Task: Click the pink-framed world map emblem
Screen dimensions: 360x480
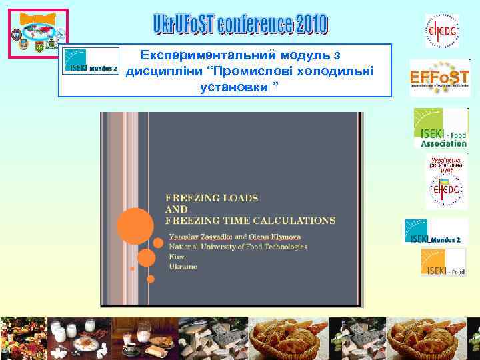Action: (x=38, y=33)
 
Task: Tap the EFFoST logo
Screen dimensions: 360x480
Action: (x=439, y=78)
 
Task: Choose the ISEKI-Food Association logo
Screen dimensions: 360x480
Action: (x=441, y=127)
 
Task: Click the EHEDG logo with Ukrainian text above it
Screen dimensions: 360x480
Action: (x=446, y=181)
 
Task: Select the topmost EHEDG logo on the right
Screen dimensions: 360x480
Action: (x=442, y=30)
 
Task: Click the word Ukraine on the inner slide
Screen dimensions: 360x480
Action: (x=183, y=267)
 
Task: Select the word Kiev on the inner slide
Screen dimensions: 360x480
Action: (x=177, y=257)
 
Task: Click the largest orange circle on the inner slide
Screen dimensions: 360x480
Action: (x=135, y=226)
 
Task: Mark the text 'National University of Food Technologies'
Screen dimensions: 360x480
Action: (x=237, y=247)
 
